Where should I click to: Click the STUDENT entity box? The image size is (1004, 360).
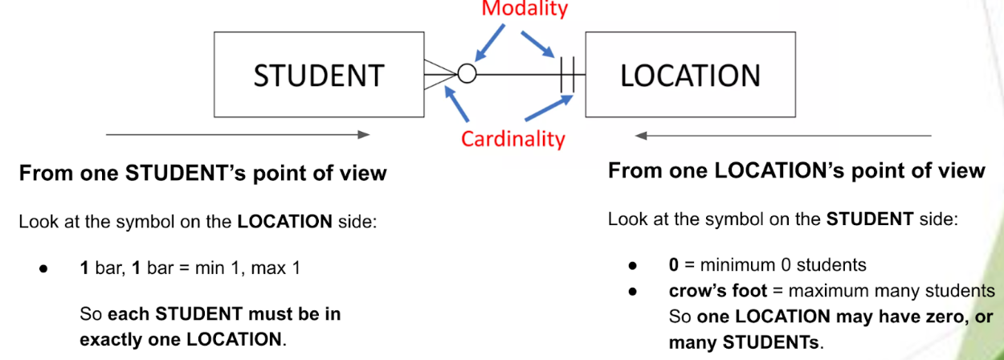pos(318,75)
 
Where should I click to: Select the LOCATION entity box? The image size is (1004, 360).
pos(690,75)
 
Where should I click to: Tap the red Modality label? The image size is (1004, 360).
pos(524,9)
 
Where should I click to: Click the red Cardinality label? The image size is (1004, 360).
pos(512,139)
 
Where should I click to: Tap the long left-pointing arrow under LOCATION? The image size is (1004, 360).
pos(783,135)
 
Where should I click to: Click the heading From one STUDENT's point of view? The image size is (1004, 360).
pos(202,173)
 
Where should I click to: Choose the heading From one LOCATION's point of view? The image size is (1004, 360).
pos(796,170)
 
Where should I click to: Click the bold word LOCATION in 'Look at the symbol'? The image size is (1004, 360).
pos(284,222)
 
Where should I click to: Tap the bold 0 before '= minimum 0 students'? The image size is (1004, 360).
pos(673,265)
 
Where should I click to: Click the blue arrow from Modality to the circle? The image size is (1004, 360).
pos(489,42)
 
